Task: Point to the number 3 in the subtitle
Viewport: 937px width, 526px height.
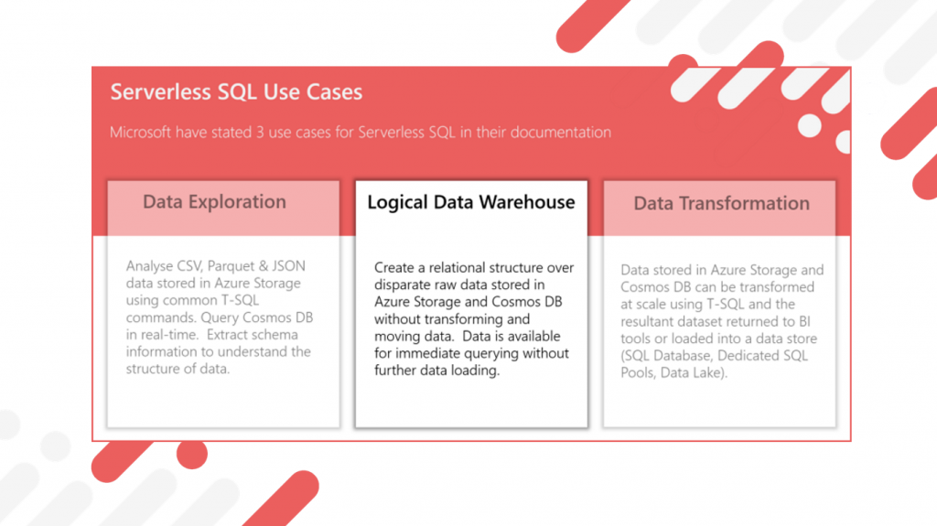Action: point(260,132)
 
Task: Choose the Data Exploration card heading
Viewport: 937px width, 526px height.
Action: point(214,202)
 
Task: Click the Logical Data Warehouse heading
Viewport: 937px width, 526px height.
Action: point(471,203)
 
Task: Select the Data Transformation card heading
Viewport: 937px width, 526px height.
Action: point(721,203)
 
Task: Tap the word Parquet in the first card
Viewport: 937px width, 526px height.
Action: point(230,266)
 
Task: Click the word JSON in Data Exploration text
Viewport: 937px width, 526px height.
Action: point(288,265)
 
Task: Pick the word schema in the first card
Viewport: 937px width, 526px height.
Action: point(275,335)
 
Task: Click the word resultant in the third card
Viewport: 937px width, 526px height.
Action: point(647,322)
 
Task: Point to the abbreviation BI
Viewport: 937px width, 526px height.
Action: point(804,322)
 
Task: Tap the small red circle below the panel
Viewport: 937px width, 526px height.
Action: point(192,454)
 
